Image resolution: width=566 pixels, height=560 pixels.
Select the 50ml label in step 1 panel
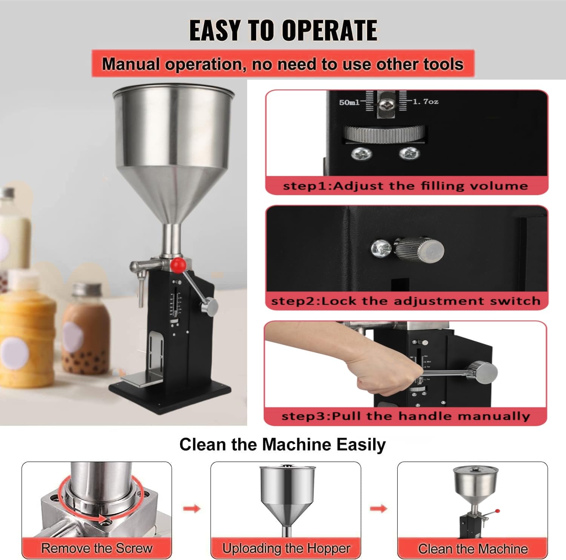point(349,102)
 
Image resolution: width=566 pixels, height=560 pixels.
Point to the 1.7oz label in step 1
point(425,102)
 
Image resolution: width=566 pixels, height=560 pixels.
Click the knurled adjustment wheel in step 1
point(385,134)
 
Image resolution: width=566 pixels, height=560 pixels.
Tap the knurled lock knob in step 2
point(419,250)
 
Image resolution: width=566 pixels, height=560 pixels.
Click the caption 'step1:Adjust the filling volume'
point(405,186)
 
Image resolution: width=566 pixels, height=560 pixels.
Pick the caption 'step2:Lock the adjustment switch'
point(406,301)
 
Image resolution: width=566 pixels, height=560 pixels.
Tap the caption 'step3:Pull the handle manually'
point(406,416)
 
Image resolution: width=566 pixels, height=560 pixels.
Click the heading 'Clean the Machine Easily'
point(282,444)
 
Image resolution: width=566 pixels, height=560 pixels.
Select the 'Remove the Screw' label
point(97,548)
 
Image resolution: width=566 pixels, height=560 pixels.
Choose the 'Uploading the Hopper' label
point(286,548)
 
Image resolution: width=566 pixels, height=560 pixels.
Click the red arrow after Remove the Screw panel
point(191,509)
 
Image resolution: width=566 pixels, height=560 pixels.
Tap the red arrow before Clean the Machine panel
point(378,509)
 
